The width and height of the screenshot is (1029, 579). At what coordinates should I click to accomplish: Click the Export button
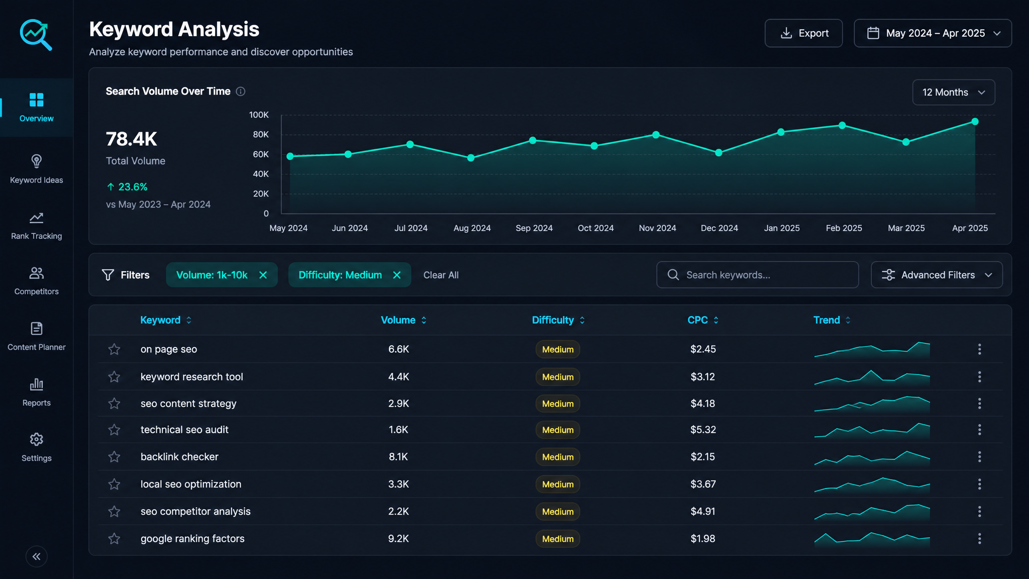point(803,33)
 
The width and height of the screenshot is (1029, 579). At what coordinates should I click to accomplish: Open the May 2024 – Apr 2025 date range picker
point(933,33)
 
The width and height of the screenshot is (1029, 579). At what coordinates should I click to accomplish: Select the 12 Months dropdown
point(954,92)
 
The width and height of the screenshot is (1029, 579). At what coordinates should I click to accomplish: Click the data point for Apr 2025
point(975,122)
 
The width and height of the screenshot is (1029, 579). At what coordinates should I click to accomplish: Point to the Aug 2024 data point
point(471,158)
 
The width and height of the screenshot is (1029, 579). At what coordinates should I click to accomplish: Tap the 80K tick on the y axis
point(261,135)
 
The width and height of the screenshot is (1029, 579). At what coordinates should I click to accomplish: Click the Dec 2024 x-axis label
point(719,228)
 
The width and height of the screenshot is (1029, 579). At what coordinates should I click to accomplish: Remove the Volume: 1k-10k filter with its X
point(263,275)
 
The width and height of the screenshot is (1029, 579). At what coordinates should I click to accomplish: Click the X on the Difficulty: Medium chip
point(397,275)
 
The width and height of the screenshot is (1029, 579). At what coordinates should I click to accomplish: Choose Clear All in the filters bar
point(441,275)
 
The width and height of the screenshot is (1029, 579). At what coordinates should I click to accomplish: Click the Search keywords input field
point(757,275)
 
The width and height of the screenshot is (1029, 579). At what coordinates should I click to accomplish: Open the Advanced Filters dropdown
point(937,275)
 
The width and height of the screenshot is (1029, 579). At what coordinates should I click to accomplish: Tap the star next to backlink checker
point(114,457)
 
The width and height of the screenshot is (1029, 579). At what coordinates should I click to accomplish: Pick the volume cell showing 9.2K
point(398,539)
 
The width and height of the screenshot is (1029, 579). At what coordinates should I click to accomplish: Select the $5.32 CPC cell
point(703,430)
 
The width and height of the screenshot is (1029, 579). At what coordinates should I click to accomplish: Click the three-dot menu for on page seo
point(979,349)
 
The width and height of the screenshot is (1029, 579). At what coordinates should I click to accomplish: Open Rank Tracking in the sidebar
point(36,226)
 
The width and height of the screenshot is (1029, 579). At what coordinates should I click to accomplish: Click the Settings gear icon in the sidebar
point(36,439)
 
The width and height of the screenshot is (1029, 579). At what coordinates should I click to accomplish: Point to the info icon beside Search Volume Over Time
point(241,91)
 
